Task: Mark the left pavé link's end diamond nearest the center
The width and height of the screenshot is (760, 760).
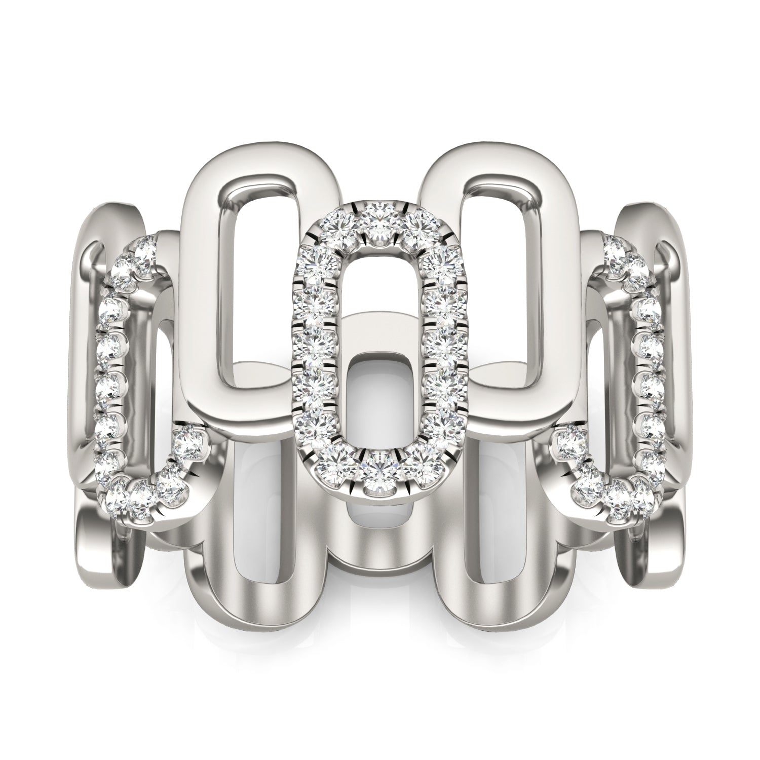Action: click(x=186, y=444)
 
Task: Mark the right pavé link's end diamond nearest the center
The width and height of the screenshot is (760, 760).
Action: click(x=569, y=444)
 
